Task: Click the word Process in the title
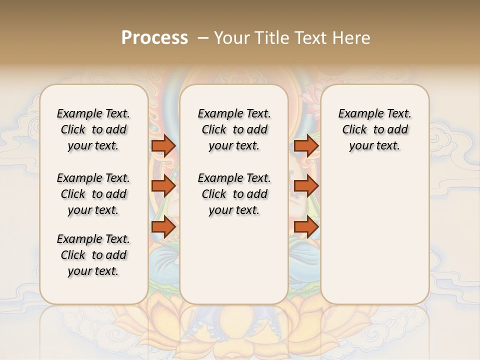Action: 154,38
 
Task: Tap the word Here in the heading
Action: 352,38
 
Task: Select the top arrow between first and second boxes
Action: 163,145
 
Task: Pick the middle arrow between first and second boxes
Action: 163,186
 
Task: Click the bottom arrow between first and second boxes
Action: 163,227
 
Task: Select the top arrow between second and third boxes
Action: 306,145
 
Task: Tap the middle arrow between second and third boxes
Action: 306,186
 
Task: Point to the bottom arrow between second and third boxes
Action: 306,227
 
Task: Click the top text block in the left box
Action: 93,129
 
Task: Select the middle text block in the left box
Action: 93,194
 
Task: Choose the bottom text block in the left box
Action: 93,255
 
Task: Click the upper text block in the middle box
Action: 234,129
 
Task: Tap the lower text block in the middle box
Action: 234,194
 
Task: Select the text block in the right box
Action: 375,129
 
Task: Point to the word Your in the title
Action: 231,38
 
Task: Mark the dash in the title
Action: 203,38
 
